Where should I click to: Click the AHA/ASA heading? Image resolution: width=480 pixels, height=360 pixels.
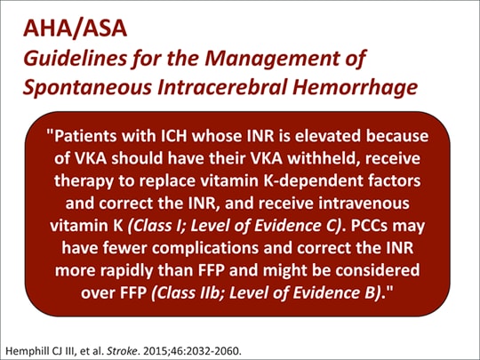75,28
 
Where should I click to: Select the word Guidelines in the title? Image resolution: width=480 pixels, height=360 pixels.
75,58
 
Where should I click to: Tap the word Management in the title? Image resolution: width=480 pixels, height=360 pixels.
272,58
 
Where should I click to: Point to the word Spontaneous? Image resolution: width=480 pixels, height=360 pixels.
87,87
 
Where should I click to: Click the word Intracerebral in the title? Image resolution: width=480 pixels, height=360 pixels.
222,86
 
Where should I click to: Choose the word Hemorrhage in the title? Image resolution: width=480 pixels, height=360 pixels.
355,87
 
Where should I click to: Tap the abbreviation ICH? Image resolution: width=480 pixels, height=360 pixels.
174,136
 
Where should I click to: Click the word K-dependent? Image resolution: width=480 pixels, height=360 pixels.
313,180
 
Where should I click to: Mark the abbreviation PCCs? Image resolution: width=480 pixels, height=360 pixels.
370,226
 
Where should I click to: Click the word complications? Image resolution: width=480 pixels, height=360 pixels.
205,248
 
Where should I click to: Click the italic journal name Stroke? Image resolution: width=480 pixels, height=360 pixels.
122,350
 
